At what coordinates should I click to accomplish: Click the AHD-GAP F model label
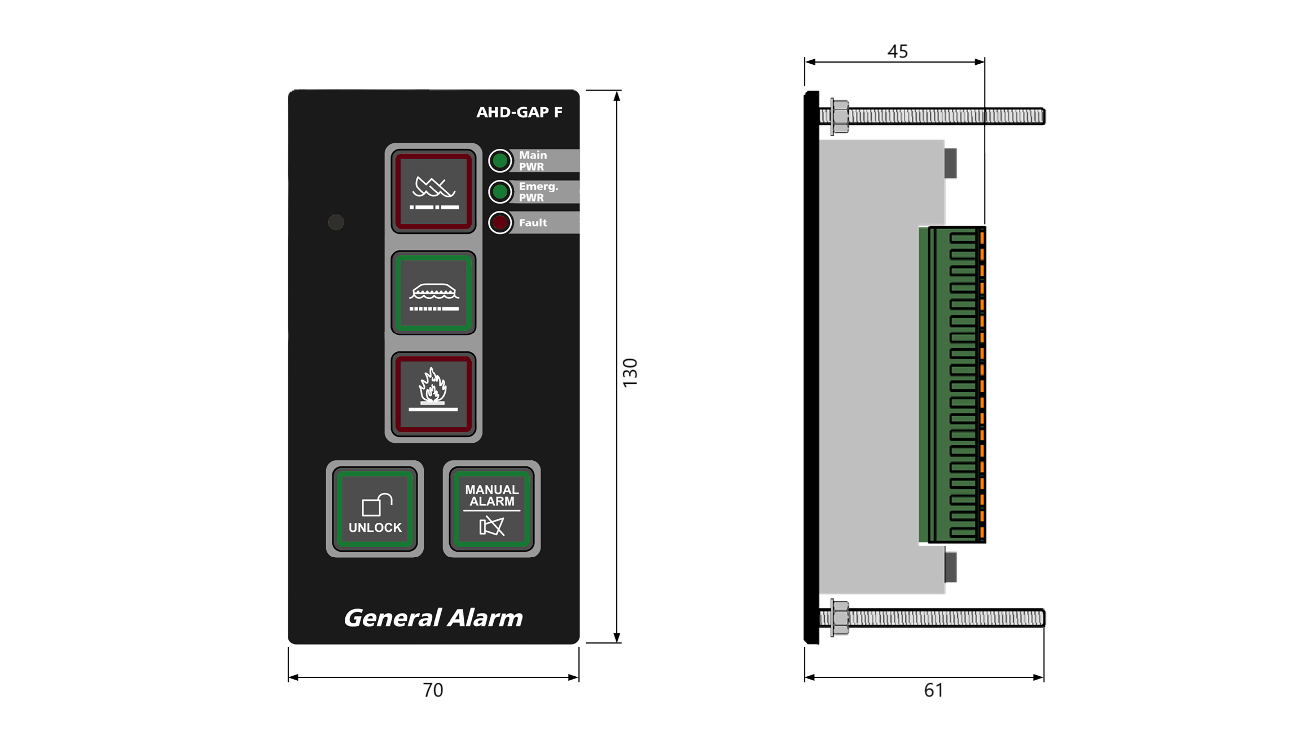click(x=519, y=112)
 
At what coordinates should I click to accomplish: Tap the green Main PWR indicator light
click(x=500, y=161)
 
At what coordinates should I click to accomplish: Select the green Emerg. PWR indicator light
click(x=500, y=192)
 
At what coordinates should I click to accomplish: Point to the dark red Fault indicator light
click(x=500, y=223)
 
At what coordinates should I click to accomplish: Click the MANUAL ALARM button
click(x=491, y=509)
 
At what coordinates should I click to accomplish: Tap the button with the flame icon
click(x=433, y=394)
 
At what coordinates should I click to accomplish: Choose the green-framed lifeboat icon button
click(x=433, y=293)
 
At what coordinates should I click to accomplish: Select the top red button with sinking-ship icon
click(x=433, y=192)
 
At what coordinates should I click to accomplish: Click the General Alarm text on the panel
click(x=433, y=618)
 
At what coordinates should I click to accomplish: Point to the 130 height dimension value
click(x=630, y=372)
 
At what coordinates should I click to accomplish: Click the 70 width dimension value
click(x=433, y=690)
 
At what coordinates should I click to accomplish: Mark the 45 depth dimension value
click(x=897, y=52)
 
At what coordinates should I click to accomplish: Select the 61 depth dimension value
click(x=933, y=690)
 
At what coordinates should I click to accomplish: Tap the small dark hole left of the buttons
click(x=336, y=222)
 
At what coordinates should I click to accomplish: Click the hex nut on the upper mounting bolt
click(x=840, y=117)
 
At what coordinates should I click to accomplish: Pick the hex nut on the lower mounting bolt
click(x=840, y=618)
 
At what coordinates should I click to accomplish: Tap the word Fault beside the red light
click(x=533, y=223)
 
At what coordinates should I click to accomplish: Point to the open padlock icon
click(x=376, y=505)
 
